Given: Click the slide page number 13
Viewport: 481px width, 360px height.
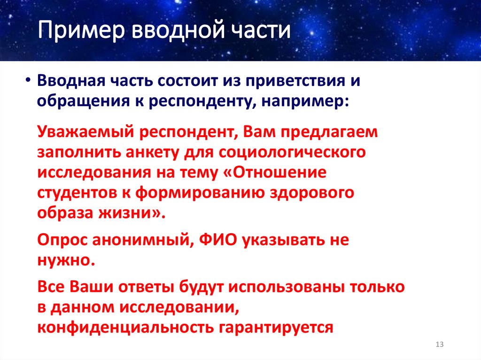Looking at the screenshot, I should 440,345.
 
